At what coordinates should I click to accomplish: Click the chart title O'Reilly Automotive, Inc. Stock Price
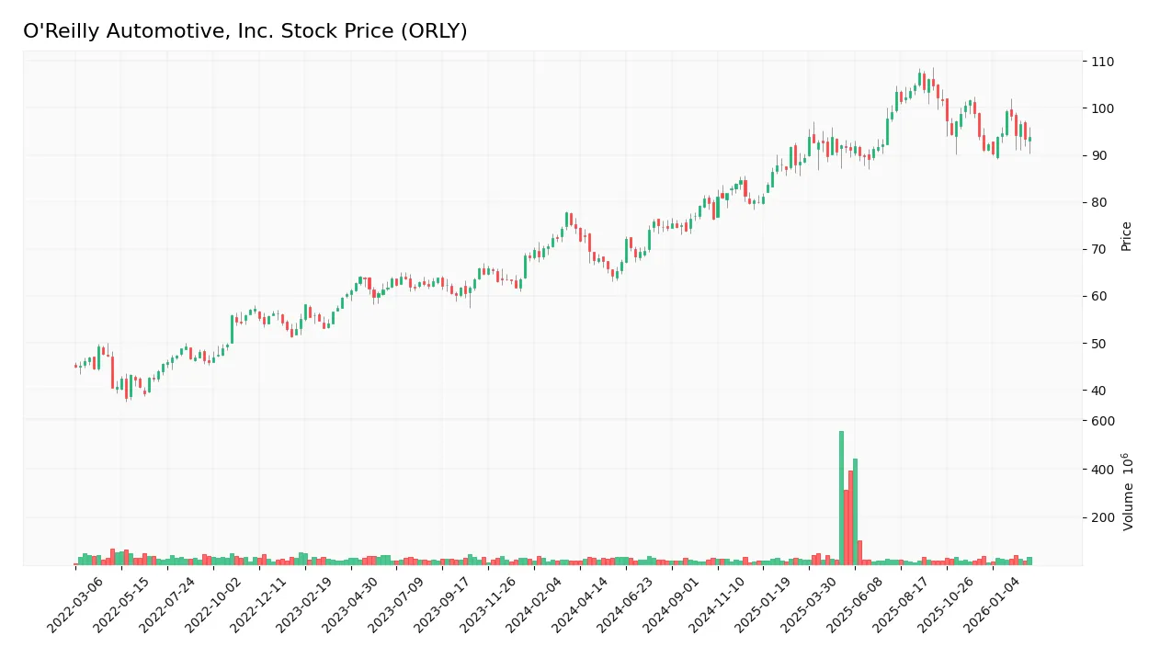point(245,31)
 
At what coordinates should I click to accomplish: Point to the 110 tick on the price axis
point(1102,62)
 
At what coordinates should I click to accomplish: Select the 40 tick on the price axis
point(1099,391)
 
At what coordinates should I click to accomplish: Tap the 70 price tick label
point(1099,249)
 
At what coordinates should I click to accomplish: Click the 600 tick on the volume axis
point(1102,421)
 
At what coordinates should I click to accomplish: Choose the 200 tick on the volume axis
point(1102,517)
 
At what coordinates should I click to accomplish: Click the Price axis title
point(1126,236)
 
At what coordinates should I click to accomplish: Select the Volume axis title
point(1127,492)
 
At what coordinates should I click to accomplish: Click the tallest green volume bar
point(841,498)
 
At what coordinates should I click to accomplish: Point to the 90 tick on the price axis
point(1099,155)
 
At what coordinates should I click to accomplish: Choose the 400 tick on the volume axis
point(1102,470)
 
